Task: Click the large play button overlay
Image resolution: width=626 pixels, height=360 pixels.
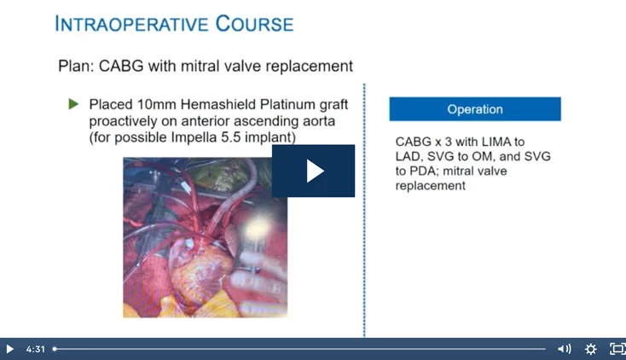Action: pos(313,171)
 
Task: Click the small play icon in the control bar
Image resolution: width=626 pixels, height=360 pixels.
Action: pos(9,349)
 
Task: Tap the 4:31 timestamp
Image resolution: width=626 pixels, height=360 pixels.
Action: pos(35,349)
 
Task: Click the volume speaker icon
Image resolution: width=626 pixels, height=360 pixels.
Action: pos(564,349)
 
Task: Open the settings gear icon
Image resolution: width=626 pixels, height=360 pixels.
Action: pos(590,349)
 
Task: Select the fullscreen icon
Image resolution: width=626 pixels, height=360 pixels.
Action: pos(617,349)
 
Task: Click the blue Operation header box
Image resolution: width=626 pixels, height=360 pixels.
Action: pos(475,109)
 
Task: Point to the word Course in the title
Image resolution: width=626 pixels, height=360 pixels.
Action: pos(255,24)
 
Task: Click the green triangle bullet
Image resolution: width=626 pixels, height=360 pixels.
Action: pos(73,104)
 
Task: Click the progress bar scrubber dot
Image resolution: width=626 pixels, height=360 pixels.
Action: pos(55,349)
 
